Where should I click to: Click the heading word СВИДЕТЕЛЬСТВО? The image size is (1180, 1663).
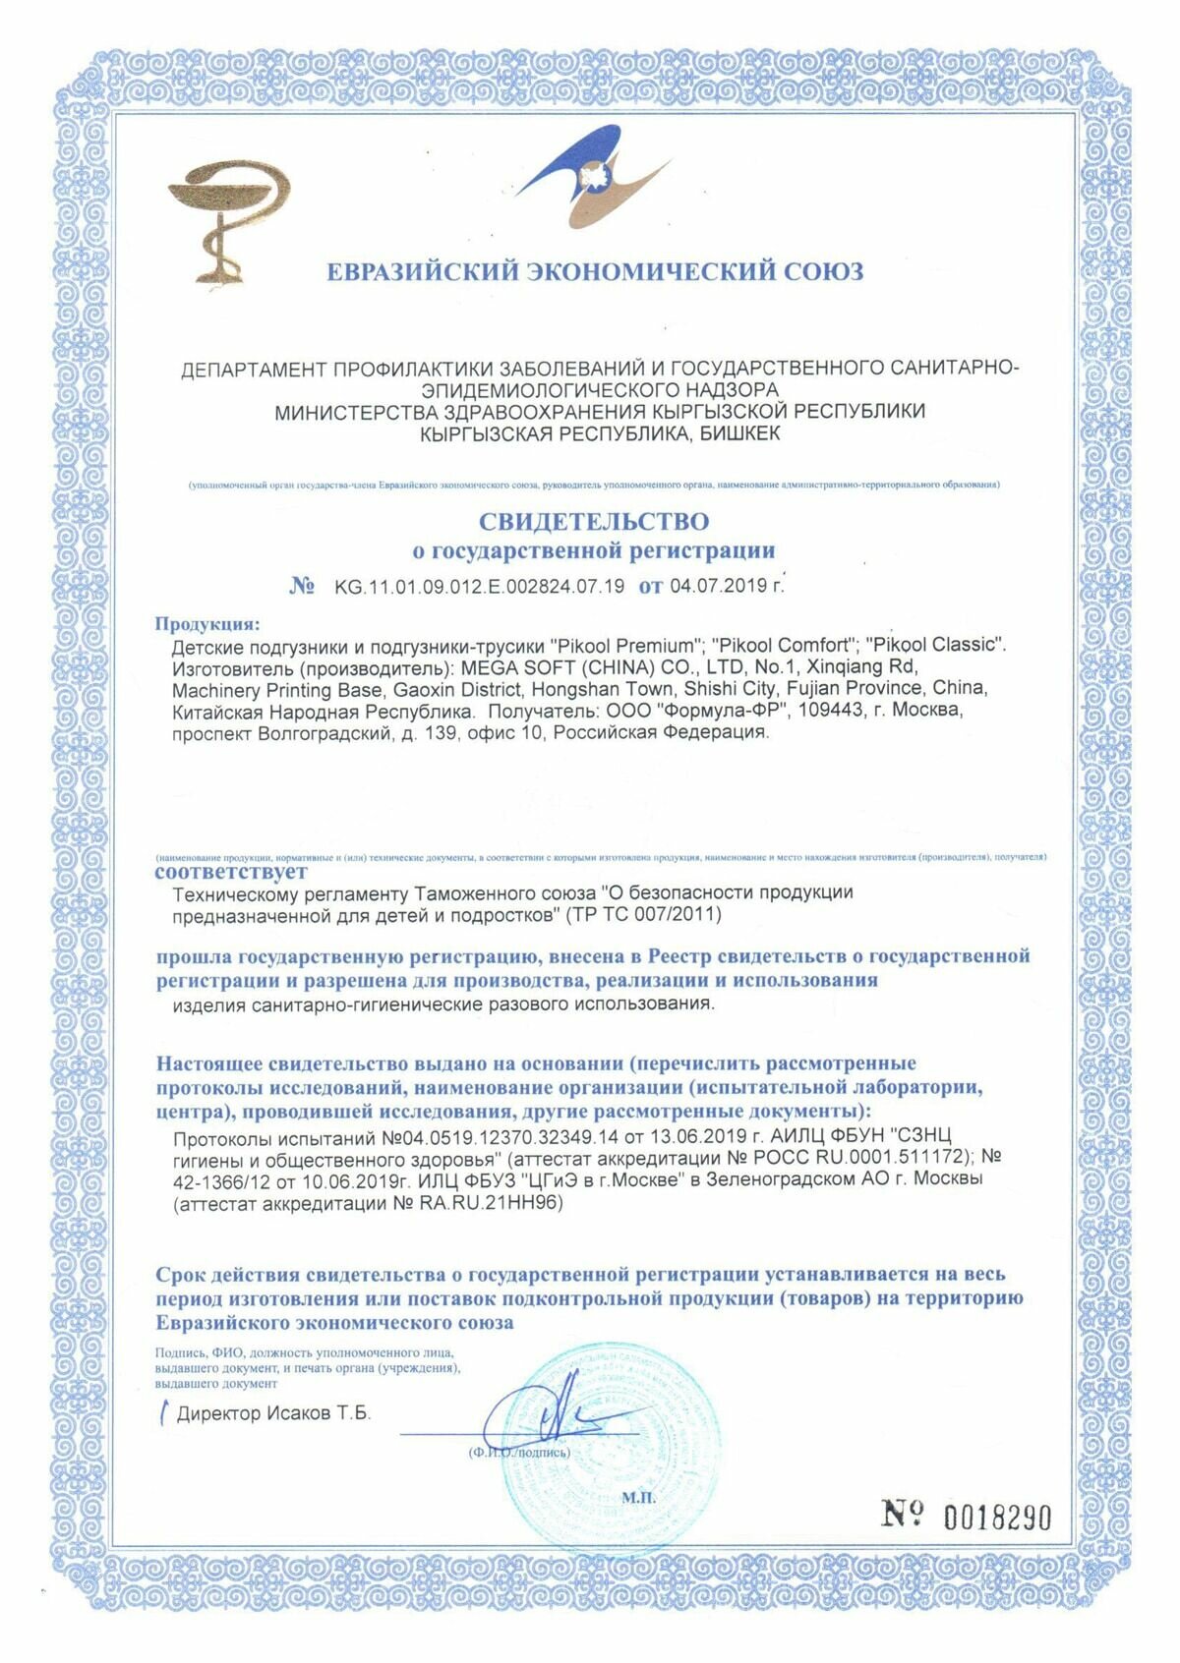pyautogui.click(x=594, y=520)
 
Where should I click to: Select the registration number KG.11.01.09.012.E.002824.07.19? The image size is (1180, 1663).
pyautogui.click(x=479, y=587)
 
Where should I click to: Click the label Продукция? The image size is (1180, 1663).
pyautogui.click(x=207, y=623)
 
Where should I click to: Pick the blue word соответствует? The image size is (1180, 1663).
pyautogui.click(x=231, y=871)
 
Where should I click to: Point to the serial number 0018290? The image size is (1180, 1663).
pyautogui.click(x=997, y=1517)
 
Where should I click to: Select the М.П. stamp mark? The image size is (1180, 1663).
pyautogui.click(x=637, y=1498)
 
